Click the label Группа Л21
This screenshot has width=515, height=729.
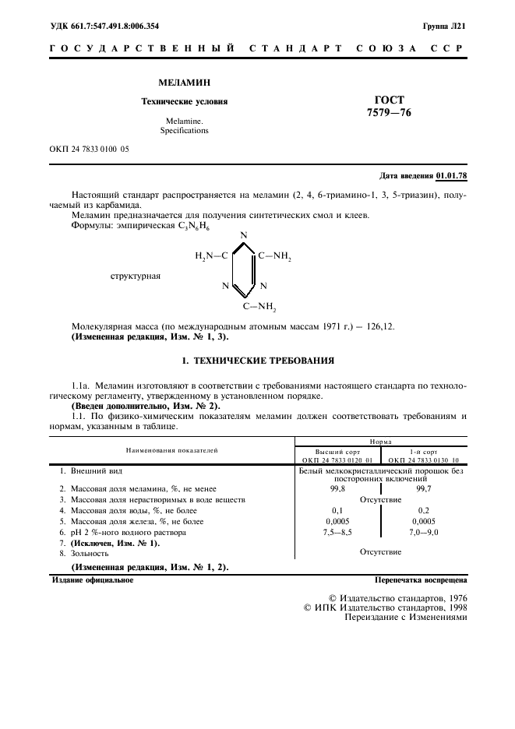tap(444, 26)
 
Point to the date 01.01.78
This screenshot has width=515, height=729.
tap(451, 176)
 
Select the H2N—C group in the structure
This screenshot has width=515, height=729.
tap(211, 255)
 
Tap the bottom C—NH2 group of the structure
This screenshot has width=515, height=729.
tap(260, 306)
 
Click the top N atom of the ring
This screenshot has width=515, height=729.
tap(244, 234)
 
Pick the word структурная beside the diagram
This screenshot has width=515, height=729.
tap(136, 275)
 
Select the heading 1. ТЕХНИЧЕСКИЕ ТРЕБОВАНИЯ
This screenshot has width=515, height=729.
tap(257, 361)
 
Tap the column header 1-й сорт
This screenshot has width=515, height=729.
tap(424, 452)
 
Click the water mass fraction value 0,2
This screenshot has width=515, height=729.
tap(424, 510)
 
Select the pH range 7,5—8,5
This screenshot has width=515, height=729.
tap(337, 532)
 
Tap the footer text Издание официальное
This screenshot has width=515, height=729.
tap(93, 580)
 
